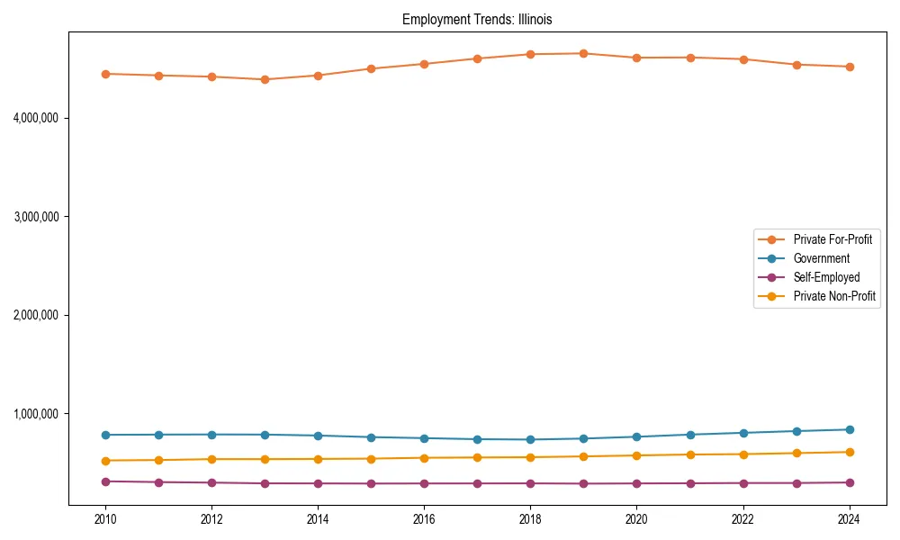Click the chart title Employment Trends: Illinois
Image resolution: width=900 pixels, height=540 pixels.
tap(477, 20)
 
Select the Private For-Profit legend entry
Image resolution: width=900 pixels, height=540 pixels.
tap(832, 239)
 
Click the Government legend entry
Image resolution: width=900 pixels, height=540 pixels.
tap(821, 258)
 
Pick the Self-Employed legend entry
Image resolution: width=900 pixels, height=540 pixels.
tap(826, 277)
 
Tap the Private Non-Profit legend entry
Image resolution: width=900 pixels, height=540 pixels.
tap(834, 296)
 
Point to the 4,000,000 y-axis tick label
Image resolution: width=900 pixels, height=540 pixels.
tap(36, 118)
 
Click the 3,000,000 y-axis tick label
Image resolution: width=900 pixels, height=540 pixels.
tap(36, 217)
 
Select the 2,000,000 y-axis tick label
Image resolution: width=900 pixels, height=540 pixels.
tap(36, 315)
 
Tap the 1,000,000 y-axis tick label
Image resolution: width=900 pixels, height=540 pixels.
tap(36, 414)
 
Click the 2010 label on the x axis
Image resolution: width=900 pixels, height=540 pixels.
tap(105, 519)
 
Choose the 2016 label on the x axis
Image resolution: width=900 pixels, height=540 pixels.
tap(424, 519)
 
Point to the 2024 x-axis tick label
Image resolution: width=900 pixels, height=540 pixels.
tap(850, 519)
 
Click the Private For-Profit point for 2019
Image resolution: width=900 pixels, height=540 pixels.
tap(583, 53)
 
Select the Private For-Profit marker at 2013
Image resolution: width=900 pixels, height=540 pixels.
tap(265, 79)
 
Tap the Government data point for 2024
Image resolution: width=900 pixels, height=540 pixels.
tap(850, 429)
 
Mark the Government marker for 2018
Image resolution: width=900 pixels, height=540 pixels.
tap(530, 439)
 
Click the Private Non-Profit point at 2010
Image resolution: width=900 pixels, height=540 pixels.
tap(105, 461)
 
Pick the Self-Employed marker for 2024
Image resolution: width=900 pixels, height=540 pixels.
tap(850, 482)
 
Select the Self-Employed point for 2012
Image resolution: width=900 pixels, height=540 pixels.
tap(211, 482)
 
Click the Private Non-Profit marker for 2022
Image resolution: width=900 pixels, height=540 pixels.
tap(743, 454)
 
